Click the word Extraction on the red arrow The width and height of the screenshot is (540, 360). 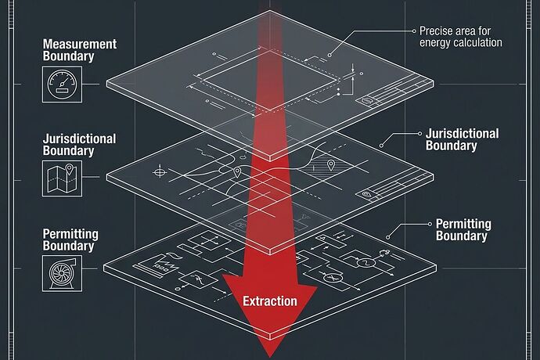(270, 301)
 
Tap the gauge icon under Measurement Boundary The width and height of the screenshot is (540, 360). (63, 85)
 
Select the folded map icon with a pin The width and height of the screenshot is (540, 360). (63, 178)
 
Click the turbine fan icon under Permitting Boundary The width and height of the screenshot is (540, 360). (63, 274)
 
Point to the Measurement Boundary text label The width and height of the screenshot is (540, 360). (80, 50)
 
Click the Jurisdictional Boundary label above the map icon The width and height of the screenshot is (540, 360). (79, 145)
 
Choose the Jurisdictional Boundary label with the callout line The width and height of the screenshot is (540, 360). (463, 139)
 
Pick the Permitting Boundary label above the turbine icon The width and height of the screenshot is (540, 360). (70, 239)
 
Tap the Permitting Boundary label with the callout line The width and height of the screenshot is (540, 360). (463, 230)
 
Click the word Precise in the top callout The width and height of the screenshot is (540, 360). (435, 31)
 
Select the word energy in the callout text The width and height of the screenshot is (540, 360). (434, 43)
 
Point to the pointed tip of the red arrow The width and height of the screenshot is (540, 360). (270, 357)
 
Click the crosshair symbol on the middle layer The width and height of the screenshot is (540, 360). (160, 171)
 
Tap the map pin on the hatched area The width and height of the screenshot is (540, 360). (331, 165)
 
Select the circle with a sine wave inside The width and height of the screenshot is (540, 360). (363, 263)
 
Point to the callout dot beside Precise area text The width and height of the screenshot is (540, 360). (414, 31)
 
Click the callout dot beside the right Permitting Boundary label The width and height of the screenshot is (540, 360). (430, 224)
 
